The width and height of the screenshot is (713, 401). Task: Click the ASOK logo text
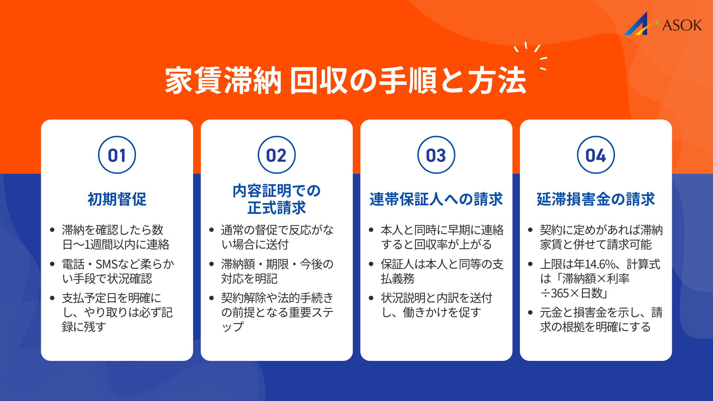[x=682, y=25]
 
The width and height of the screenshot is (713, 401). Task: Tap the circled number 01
[x=117, y=155]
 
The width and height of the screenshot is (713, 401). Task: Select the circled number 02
[x=277, y=155]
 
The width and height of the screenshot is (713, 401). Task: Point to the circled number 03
[x=436, y=155]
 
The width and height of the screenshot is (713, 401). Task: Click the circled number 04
[x=596, y=155]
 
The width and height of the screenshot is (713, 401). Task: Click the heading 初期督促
[x=117, y=199]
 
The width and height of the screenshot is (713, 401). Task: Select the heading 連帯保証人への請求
[x=436, y=199]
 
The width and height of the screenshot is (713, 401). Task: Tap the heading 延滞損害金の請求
[x=596, y=199]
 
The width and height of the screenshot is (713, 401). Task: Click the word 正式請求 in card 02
[x=277, y=208]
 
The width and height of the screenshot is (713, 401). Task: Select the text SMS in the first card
[x=107, y=264]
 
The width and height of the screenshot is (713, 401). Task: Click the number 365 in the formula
[x=560, y=293]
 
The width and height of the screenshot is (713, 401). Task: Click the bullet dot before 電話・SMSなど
[x=52, y=264]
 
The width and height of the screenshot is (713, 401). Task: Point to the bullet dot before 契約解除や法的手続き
[x=212, y=298]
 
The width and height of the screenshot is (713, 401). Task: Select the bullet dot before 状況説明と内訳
[x=371, y=298]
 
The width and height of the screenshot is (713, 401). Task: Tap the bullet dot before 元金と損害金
[x=530, y=313]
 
